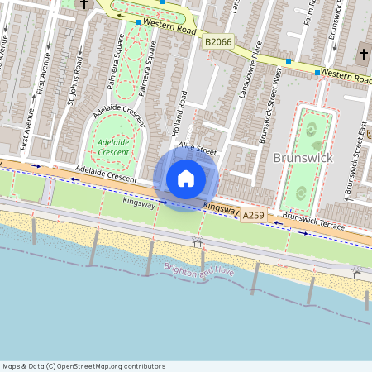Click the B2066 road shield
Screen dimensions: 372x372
point(218,41)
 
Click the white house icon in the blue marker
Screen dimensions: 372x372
point(186,178)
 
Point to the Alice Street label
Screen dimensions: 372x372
point(197,150)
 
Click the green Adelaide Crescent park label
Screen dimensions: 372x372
point(113,147)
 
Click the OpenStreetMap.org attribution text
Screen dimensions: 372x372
point(115,366)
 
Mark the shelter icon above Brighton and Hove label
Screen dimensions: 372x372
point(198,242)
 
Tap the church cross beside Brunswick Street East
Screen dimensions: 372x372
point(364,55)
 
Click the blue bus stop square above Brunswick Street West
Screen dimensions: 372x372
point(288,61)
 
